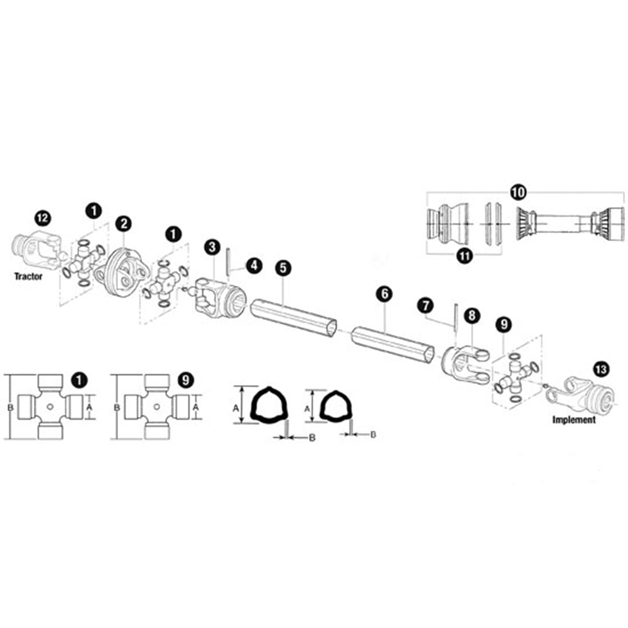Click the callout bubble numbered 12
tap(43, 218)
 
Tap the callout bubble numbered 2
tap(122, 223)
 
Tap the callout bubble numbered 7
tap(426, 306)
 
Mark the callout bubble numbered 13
tap(600, 369)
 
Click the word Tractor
tap(28, 276)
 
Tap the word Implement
tap(573, 420)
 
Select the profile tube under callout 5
tap(293, 317)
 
